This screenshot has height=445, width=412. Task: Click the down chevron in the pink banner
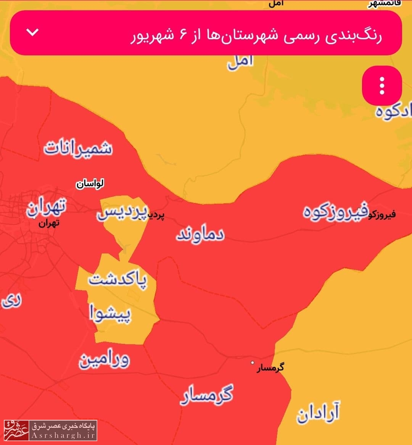tap(33, 32)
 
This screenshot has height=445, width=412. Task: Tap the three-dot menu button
tap(381, 85)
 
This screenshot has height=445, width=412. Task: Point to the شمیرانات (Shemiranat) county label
tap(78, 148)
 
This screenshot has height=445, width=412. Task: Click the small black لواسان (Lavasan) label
tap(90, 184)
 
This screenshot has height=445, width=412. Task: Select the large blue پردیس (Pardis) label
tap(122, 213)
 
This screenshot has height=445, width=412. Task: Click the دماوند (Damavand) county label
tap(200, 235)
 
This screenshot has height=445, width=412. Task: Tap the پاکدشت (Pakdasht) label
tap(117, 280)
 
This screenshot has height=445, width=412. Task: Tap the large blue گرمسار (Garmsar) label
tap(206, 395)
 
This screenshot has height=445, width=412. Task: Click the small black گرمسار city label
tap(270, 368)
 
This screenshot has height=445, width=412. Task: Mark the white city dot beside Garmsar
tap(252, 363)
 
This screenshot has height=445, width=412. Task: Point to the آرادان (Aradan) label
tap(318, 413)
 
